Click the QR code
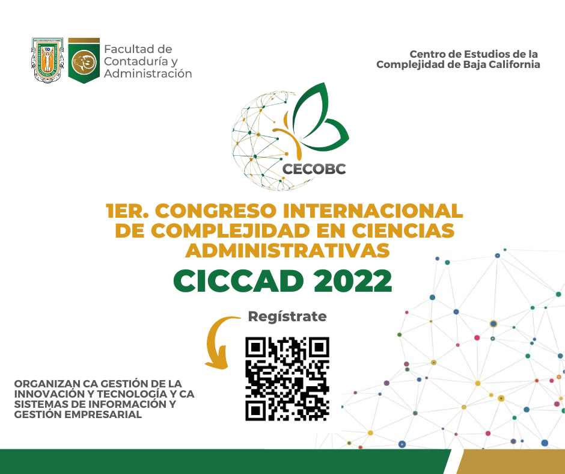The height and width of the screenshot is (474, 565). [287, 379]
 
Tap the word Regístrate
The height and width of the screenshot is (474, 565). [287, 317]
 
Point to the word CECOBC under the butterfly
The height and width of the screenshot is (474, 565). [314, 169]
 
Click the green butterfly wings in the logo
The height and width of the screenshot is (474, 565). [320, 116]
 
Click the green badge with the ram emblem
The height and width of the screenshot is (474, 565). [84, 60]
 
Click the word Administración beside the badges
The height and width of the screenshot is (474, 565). [148, 73]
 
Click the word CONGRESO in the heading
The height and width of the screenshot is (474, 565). [215, 211]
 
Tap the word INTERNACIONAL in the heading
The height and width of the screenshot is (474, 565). [373, 211]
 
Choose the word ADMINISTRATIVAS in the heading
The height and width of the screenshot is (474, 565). [287, 251]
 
